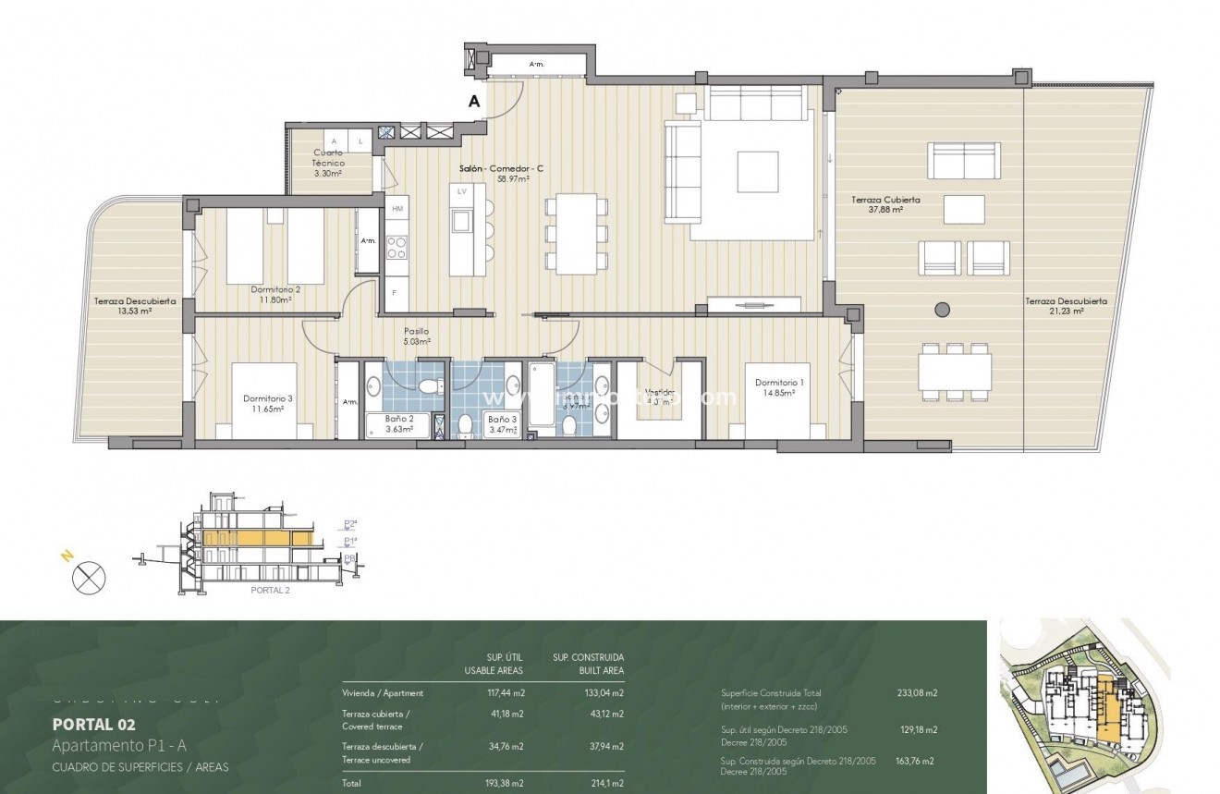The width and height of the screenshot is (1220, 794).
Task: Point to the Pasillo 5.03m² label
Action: click(x=416, y=336)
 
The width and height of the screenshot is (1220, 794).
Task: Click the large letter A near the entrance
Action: click(x=474, y=102)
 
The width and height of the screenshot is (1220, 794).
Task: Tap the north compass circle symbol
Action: click(x=89, y=579)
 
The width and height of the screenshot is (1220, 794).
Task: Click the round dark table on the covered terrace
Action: click(x=942, y=310)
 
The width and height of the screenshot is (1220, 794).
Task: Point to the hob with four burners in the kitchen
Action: click(x=396, y=247)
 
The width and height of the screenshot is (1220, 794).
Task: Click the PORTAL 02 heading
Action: click(x=93, y=724)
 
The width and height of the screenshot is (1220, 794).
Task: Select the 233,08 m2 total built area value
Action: click(x=918, y=692)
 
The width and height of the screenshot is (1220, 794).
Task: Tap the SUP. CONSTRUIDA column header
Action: click(x=588, y=657)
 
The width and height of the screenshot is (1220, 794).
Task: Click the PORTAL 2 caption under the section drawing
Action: click(x=270, y=590)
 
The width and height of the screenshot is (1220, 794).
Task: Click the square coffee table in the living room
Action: click(x=757, y=171)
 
